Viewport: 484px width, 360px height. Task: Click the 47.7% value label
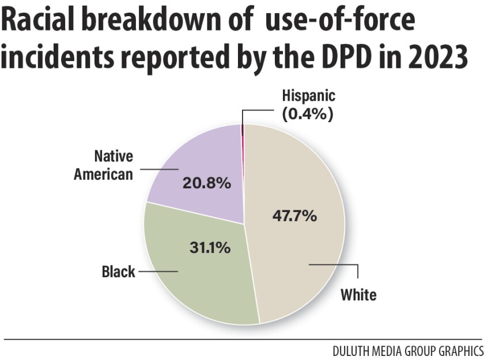click(x=293, y=217)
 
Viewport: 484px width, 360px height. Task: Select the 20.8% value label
click(x=206, y=184)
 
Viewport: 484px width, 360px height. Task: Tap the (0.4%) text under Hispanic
click(x=308, y=114)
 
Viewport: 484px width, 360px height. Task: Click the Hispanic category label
click(x=308, y=96)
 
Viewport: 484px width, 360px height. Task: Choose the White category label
click(x=358, y=295)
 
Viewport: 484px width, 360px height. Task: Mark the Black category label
click(x=118, y=271)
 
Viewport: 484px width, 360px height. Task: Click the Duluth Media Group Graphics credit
click(x=407, y=350)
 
